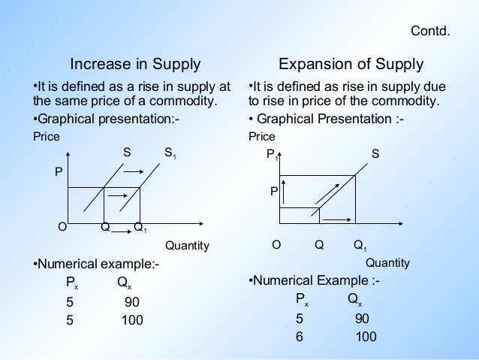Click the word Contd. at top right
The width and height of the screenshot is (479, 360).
click(x=430, y=32)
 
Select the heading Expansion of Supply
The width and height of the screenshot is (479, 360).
click(x=351, y=64)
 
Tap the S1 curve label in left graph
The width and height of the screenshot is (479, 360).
click(x=171, y=153)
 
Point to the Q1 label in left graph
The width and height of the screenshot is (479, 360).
click(x=140, y=227)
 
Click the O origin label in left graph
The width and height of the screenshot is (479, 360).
click(x=62, y=226)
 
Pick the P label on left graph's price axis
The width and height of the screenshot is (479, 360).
click(x=59, y=172)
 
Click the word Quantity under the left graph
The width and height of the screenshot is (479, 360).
click(x=187, y=246)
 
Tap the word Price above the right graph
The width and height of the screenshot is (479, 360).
click(x=262, y=137)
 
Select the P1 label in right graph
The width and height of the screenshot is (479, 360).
click(x=272, y=155)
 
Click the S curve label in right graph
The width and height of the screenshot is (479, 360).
click(x=375, y=154)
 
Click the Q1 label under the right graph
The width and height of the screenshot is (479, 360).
click(x=360, y=245)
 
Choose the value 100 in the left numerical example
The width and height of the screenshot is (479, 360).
click(x=131, y=320)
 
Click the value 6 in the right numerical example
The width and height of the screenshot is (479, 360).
click(x=299, y=337)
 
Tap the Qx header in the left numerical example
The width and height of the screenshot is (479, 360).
click(x=125, y=284)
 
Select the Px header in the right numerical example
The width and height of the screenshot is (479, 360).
click(x=302, y=300)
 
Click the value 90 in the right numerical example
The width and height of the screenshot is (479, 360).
click(x=362, y=319)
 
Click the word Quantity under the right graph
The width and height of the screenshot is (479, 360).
click(x=387, y=262)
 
